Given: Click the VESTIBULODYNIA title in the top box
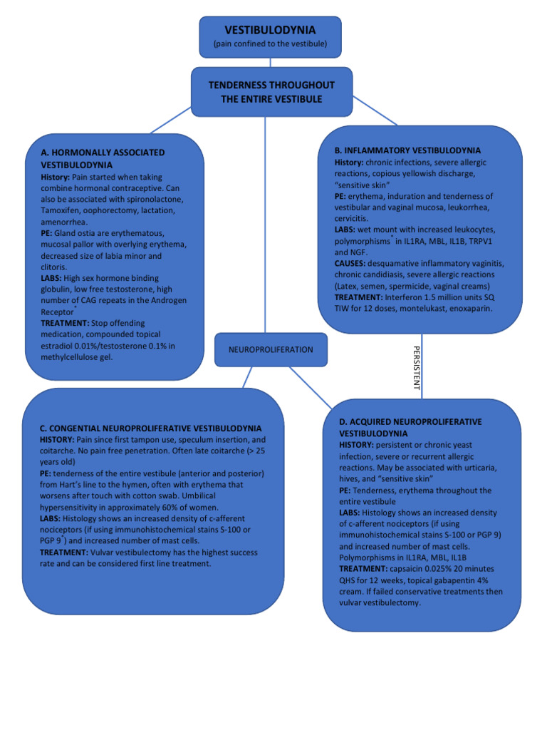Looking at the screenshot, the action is click(x=270, y=30).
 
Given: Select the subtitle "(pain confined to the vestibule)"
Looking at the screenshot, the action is click(x=270, y=43).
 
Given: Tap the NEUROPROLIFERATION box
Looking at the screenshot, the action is click(x=271, y=349).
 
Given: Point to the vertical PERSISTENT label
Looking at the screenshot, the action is click(x=417, y=368).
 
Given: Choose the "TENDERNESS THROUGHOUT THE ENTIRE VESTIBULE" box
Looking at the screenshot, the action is click(x=271, y=92).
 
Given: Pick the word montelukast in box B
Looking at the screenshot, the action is click(x=420, y=308).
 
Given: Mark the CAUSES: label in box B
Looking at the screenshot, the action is click(x=350, y=264).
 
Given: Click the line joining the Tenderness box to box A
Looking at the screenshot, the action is click(x=170, y=120).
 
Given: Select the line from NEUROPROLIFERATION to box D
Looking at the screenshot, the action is click(x=311, y=387).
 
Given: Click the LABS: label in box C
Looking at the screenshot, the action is click(x=50, y=519).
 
